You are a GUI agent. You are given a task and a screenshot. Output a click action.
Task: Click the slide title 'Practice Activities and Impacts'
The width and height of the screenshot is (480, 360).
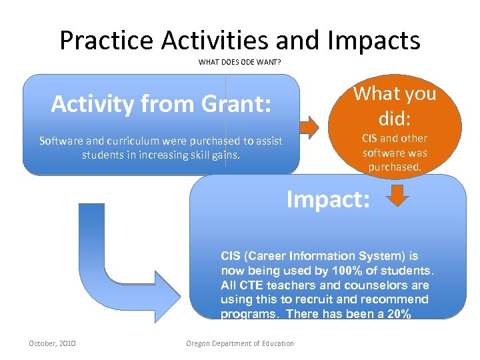click(x=240, y=40)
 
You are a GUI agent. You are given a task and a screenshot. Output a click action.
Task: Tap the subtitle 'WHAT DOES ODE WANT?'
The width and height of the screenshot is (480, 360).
click(x=239, y=63)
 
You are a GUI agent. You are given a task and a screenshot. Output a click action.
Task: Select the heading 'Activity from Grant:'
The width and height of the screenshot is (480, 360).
click(x=161, y=104)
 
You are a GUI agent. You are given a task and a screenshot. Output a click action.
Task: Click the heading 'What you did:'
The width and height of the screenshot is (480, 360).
click(x=395, y=105)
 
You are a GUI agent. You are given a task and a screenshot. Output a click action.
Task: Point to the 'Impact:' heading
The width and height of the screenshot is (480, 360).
click(x=328, y=199)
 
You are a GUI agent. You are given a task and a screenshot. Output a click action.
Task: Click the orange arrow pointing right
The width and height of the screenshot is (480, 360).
click(x=309, y=125)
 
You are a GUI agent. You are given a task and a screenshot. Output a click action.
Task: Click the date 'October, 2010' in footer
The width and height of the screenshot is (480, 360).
click(x=52, y=343)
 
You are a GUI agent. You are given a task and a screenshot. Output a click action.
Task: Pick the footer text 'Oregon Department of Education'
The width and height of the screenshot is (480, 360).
click(x=239, y=343)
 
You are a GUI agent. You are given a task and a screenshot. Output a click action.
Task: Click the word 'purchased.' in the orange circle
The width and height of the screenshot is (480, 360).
click(x=395, y=167)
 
